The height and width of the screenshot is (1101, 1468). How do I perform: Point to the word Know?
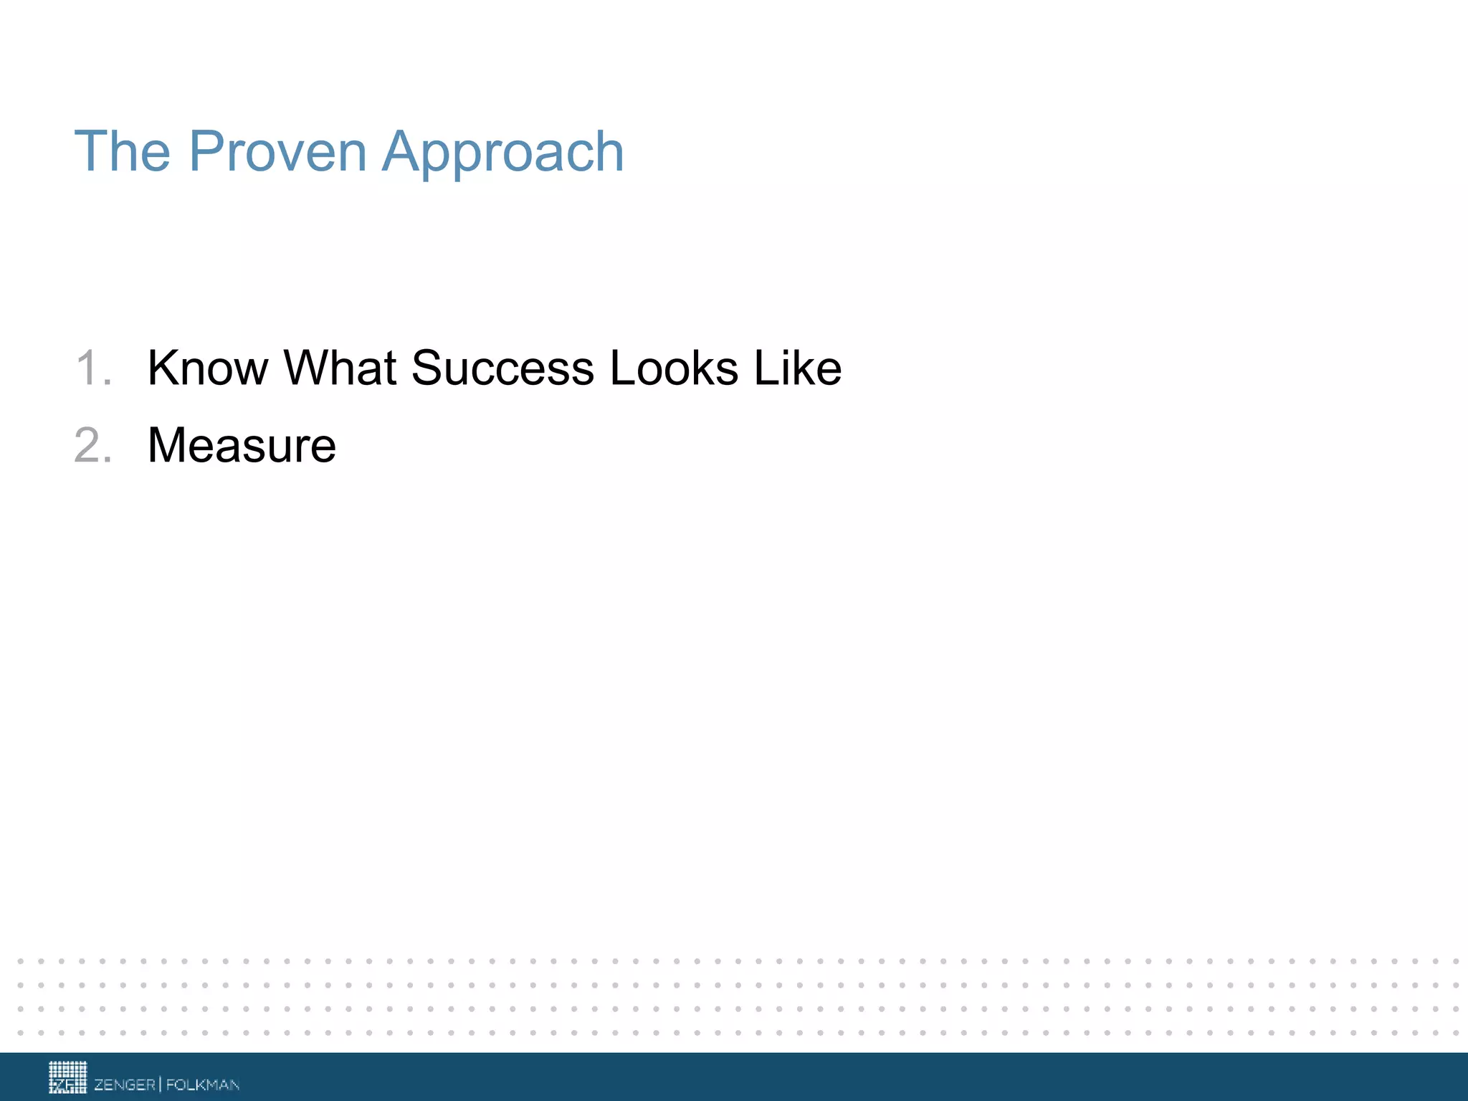207,368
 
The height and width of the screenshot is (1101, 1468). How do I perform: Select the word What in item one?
340,368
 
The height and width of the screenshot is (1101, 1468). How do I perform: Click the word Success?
502,368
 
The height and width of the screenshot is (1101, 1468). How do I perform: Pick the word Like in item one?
798,368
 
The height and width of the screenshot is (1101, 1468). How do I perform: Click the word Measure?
242,446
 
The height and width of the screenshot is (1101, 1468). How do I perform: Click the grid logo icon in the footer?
67,1077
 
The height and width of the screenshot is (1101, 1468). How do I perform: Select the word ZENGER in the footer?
125,1085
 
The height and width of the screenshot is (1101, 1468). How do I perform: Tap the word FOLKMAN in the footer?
203,1085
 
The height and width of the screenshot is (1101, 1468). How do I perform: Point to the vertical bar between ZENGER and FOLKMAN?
161,1084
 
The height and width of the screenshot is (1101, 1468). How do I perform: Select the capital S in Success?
429,368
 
